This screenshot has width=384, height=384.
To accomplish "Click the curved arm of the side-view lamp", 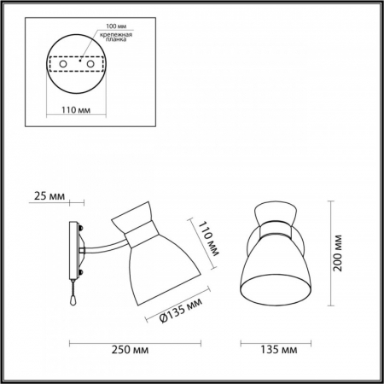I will tap(104, 247).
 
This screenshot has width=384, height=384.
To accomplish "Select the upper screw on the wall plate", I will tap(79, 230).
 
